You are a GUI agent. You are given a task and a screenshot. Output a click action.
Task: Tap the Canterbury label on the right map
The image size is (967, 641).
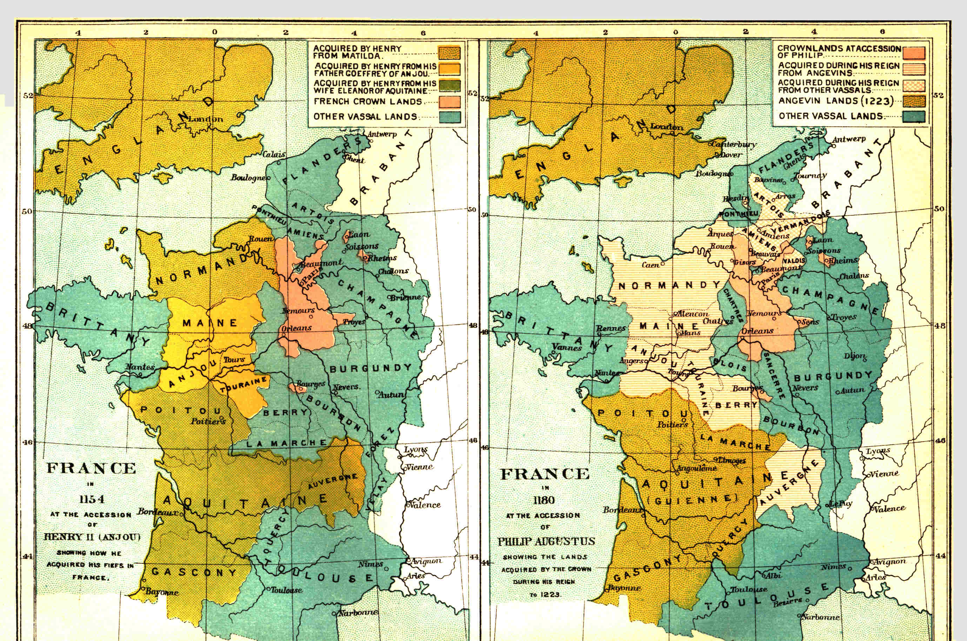click(734, 144)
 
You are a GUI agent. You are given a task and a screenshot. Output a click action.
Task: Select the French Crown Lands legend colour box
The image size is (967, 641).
click(449, 101)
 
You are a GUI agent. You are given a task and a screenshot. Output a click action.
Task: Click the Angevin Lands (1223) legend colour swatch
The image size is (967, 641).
click(914, 101)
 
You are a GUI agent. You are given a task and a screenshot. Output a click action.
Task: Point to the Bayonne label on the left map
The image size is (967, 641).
click(161, 592)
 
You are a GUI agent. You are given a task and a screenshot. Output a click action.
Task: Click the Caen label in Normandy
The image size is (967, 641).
click(651, 265)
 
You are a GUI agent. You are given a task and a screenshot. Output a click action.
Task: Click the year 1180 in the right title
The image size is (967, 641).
click(544, 500)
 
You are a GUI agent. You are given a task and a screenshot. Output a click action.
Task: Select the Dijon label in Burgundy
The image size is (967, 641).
click(854, 356)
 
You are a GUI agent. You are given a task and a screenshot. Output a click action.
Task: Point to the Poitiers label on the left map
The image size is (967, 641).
click(208, 421)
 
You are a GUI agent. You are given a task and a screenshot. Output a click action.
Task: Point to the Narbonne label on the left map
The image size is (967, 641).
click(358, 612)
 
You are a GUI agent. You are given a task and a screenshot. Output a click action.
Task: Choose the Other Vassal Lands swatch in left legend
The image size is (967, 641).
click(449, 117)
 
